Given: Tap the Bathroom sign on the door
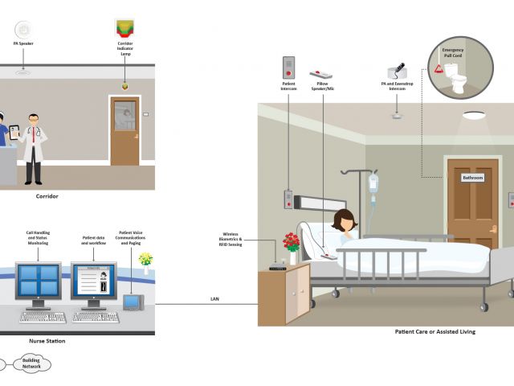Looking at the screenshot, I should pyautogui.click(x=471, y=178).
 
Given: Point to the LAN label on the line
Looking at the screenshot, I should pyautogui.click(x=214, y=300).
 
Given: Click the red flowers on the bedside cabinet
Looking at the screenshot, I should pyautogui.click(x=292, y=242).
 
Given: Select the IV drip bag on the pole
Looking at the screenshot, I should pyautogui.click(x=373, y=183).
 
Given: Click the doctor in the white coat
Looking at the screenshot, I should pyautogui.click(x=34, y=145).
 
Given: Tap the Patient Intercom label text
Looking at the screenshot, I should pyautogui.click(x=289, y=84).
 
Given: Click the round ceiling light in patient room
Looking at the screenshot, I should pyautogui.click(x=473, y=115).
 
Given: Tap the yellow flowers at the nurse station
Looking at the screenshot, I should pyautogui.click(x=145, y=259).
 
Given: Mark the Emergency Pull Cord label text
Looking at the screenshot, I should pyautogui.click(x=453, y=53).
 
